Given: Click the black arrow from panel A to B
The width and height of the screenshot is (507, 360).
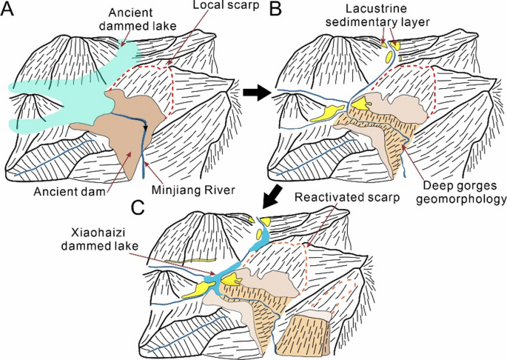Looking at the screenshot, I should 254,92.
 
